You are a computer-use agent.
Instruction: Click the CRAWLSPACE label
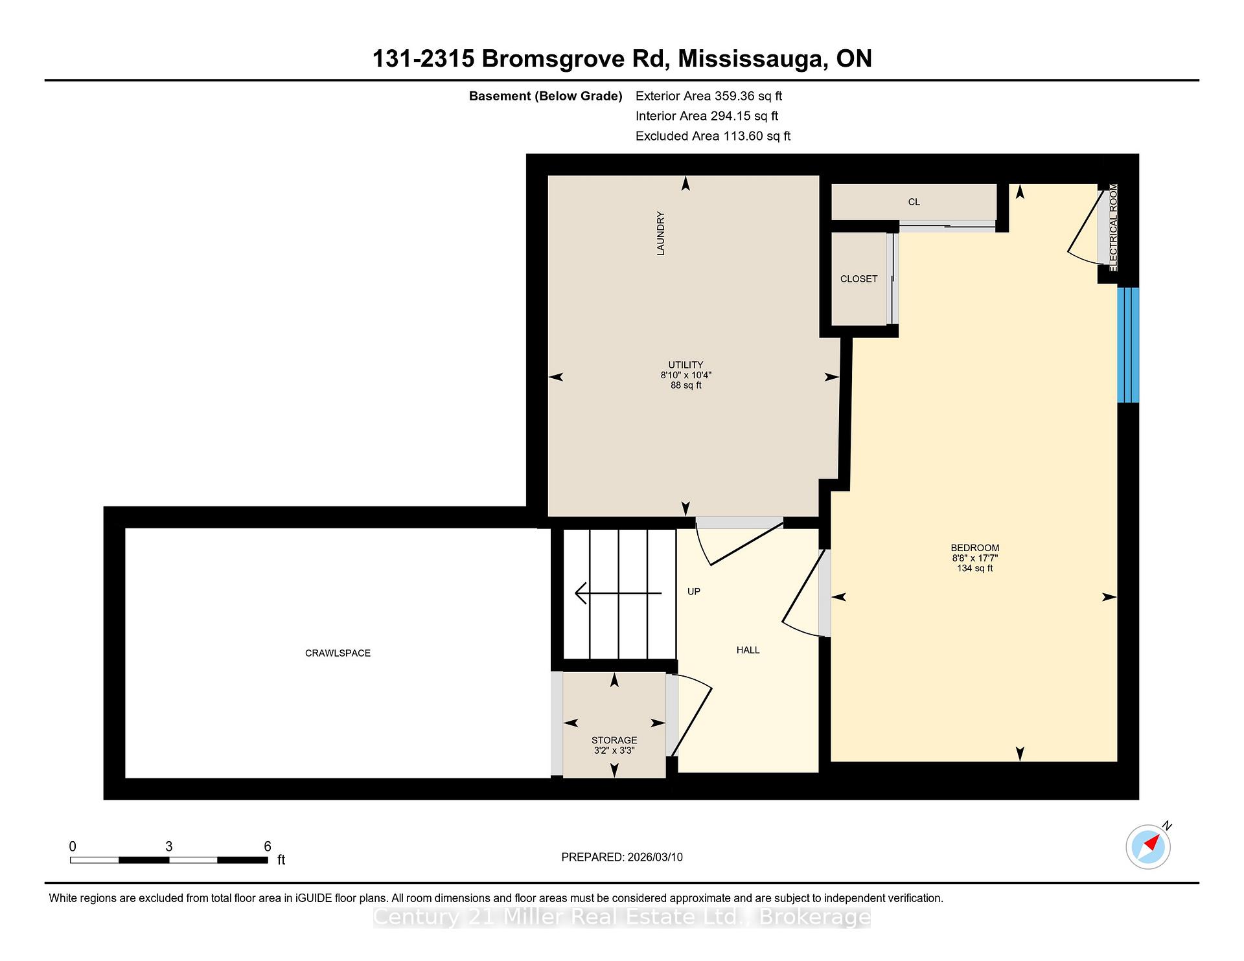338,653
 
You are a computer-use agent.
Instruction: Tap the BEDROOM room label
974,548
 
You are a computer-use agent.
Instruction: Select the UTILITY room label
685,365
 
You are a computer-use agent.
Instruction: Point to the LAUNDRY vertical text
661,233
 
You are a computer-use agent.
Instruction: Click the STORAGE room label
614,740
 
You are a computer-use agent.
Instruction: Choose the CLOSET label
858,278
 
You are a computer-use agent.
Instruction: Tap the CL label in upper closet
914,202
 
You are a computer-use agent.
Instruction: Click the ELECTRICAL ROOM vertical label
1113,227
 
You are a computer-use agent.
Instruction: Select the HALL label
748,650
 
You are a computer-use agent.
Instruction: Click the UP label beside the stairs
693,591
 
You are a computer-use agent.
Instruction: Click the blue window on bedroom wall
1128,345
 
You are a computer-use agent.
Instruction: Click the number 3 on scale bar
168,846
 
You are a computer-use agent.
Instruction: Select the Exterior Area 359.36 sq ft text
708,96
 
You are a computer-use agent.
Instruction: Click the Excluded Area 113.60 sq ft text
713,136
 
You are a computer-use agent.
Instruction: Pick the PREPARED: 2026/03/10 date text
621,857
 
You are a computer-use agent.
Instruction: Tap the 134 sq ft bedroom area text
974,568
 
